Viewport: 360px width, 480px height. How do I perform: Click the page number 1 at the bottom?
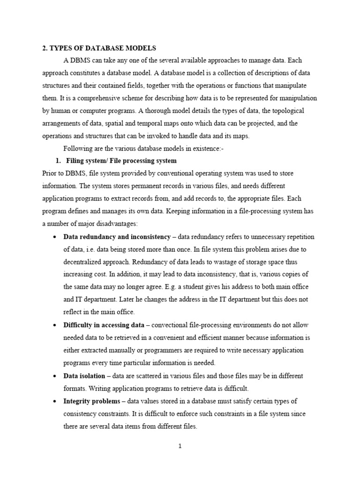click(180, 446)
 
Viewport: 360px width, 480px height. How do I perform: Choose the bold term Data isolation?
click(84, 376)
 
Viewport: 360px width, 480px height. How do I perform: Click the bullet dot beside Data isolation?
click(55, 376)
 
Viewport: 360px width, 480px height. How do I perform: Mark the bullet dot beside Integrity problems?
click(55, 402)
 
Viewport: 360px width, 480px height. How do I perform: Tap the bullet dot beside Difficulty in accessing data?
click(55, 325)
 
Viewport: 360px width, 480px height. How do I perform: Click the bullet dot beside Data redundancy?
click(55, 237)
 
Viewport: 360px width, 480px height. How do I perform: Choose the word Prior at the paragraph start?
click(50, 173)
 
